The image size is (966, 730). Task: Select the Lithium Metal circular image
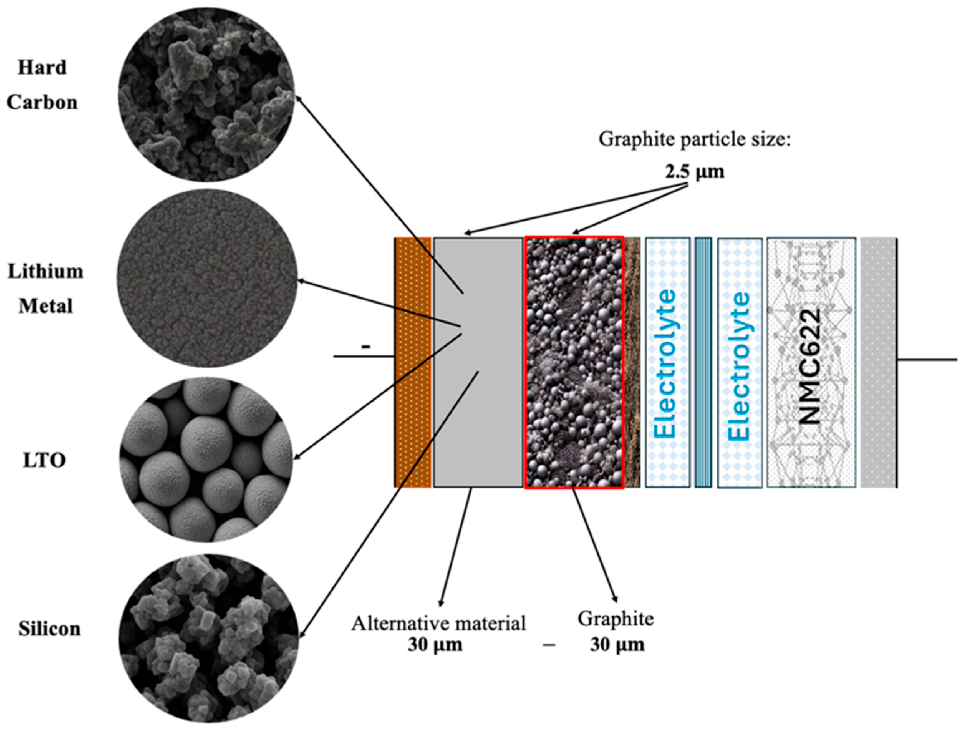(207, 278)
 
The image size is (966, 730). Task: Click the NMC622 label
(811, 367)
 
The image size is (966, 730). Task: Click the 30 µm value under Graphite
(617, 645)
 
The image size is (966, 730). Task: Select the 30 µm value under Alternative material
(435, 645)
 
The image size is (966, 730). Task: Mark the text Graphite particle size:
(694, 140)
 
